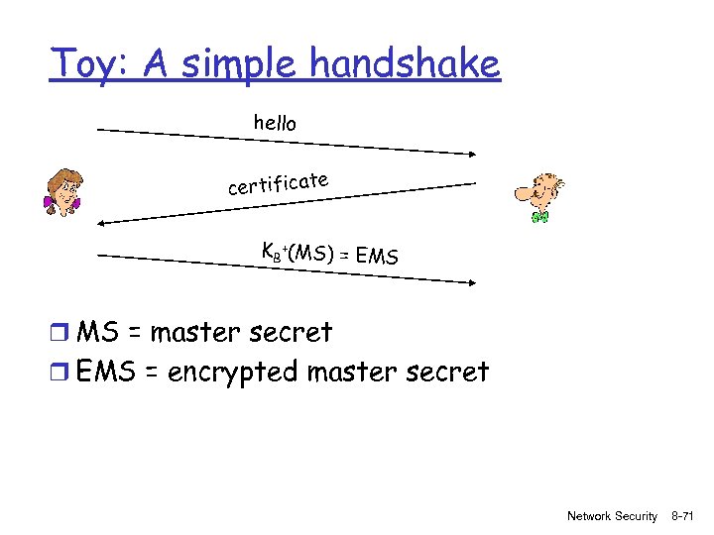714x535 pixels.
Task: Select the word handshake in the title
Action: click(405, 65)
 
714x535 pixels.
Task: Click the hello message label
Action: click(275, 123)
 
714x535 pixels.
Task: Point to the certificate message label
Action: click(278, 183)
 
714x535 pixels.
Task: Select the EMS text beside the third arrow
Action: click(377, 258)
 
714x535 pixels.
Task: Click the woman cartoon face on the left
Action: click(64, 191)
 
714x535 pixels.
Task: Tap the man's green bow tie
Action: click(539, 215)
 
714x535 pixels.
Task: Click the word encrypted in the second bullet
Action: click(233, 373)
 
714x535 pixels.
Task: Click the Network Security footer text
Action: click(612, 516)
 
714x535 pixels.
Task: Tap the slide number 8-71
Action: click(685, 516)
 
